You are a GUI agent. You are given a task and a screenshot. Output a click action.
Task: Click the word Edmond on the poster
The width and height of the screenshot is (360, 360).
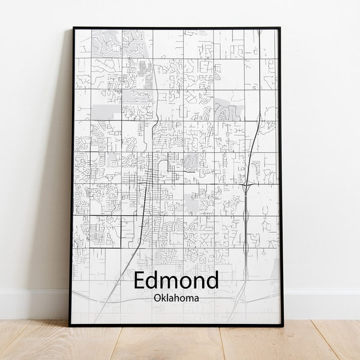[x=176, y=280]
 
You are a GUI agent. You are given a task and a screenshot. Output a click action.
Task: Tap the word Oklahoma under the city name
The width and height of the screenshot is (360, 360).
[x=176, y=297]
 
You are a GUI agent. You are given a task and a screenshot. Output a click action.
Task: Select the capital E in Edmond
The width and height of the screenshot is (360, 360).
[x=140, y=281]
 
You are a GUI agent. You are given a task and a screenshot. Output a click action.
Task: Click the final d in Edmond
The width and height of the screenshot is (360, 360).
[x=211, y=280]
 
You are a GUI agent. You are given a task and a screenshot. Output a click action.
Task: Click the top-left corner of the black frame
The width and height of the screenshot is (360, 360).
[x=73, y=28]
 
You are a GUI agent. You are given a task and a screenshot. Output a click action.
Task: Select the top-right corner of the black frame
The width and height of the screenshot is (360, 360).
[x=280, y=28]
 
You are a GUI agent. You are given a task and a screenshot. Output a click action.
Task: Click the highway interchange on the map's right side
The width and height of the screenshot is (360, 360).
[x=247, y=185]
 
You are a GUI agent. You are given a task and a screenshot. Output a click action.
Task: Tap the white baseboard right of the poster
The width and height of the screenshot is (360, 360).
[x=321, y=305]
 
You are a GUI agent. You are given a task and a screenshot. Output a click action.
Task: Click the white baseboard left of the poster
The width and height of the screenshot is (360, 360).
[x=33, y=305]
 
